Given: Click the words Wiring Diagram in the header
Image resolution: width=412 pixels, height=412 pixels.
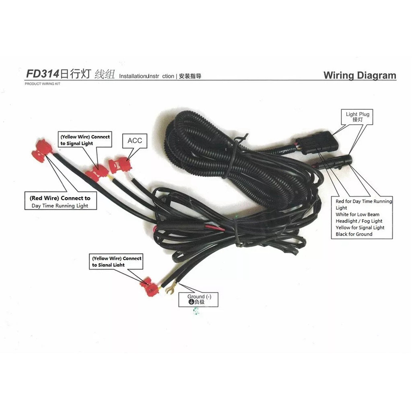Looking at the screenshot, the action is [x=360, y=75].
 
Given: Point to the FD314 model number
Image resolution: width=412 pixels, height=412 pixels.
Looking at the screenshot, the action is [x=43, y=74].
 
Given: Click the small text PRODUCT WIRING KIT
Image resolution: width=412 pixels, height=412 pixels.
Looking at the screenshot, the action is [x=43, y=84].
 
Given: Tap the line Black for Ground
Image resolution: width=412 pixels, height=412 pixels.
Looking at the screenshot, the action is [x=354, y=234].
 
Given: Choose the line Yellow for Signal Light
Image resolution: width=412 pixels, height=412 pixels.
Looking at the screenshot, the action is [x=360, y=228].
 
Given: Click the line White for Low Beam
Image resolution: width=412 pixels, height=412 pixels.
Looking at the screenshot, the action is [x=358, y=214].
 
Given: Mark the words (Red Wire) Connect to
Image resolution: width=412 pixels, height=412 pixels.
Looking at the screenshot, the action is [x=60, y=198].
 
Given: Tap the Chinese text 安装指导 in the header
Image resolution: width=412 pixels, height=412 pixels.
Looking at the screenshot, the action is [x=190, y=76].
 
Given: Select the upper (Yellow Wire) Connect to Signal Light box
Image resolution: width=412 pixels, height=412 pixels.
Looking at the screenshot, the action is [x=85, y=140].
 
